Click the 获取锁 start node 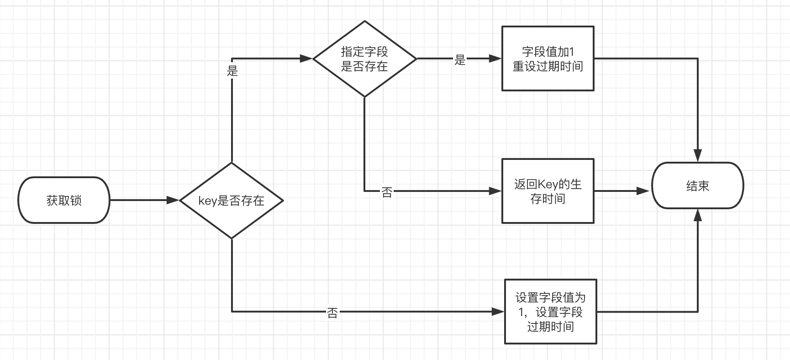pyautogui.click(x=64, y=200)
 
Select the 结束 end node pyautogui.click(x=697, y=185)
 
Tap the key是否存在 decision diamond pyautogui.click(x=232, y=201)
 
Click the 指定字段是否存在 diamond pyautogui.click(x=364, y=59)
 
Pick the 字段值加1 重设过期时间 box pyautogui.click(x=548, y=59)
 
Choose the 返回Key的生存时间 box pyautogui.click(x=548, y=191)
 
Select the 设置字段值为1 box pyautogui.click(x=550, y=312)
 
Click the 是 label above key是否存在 pyautogui.click(x=232, y=71)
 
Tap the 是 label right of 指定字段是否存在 pyautogui.click(x=460, y=59)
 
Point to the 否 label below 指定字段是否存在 pyautogui.click(x=387, y=192)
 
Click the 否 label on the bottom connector pyautogui.click(x=332, y=312)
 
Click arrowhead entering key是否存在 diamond pyautogui.click(x=173, y=200)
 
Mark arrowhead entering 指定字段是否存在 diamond pyautogui.click(x=306, y=58)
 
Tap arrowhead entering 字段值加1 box pyautogui.click(x=495, y=58)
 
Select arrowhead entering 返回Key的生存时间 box pyautogui.click(x=495, y=191)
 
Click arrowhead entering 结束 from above pyautogui.click(x=697, y=156)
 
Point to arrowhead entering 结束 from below pyautogui.click(x=697, y=216)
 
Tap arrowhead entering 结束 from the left pyautogui.click(x=644, y=191)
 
